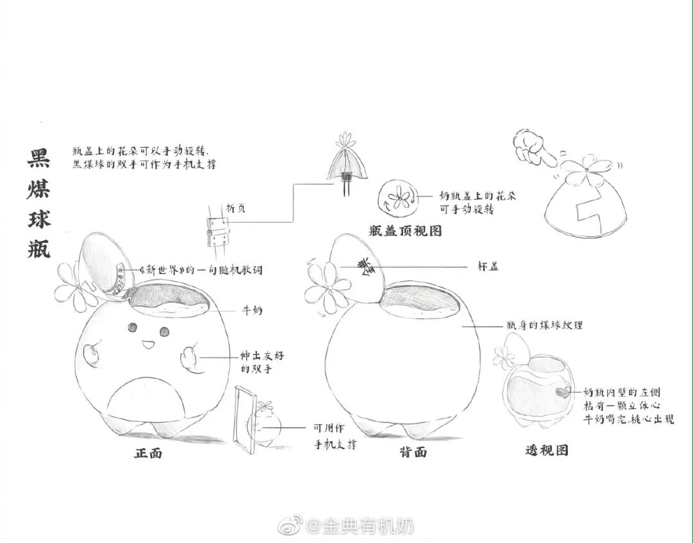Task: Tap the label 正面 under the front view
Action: click(x=148, y=453)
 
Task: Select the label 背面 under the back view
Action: click(x=413, y=452)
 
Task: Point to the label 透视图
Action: click(x=547, y=451)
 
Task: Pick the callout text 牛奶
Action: click(x=252, y=310)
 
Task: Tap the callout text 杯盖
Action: click(x=488, y=266)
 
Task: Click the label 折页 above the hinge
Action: click(x=235, y=209)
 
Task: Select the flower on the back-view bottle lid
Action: click(x=327, y=284)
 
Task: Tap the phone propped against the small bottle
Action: click(x=242, y=417)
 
